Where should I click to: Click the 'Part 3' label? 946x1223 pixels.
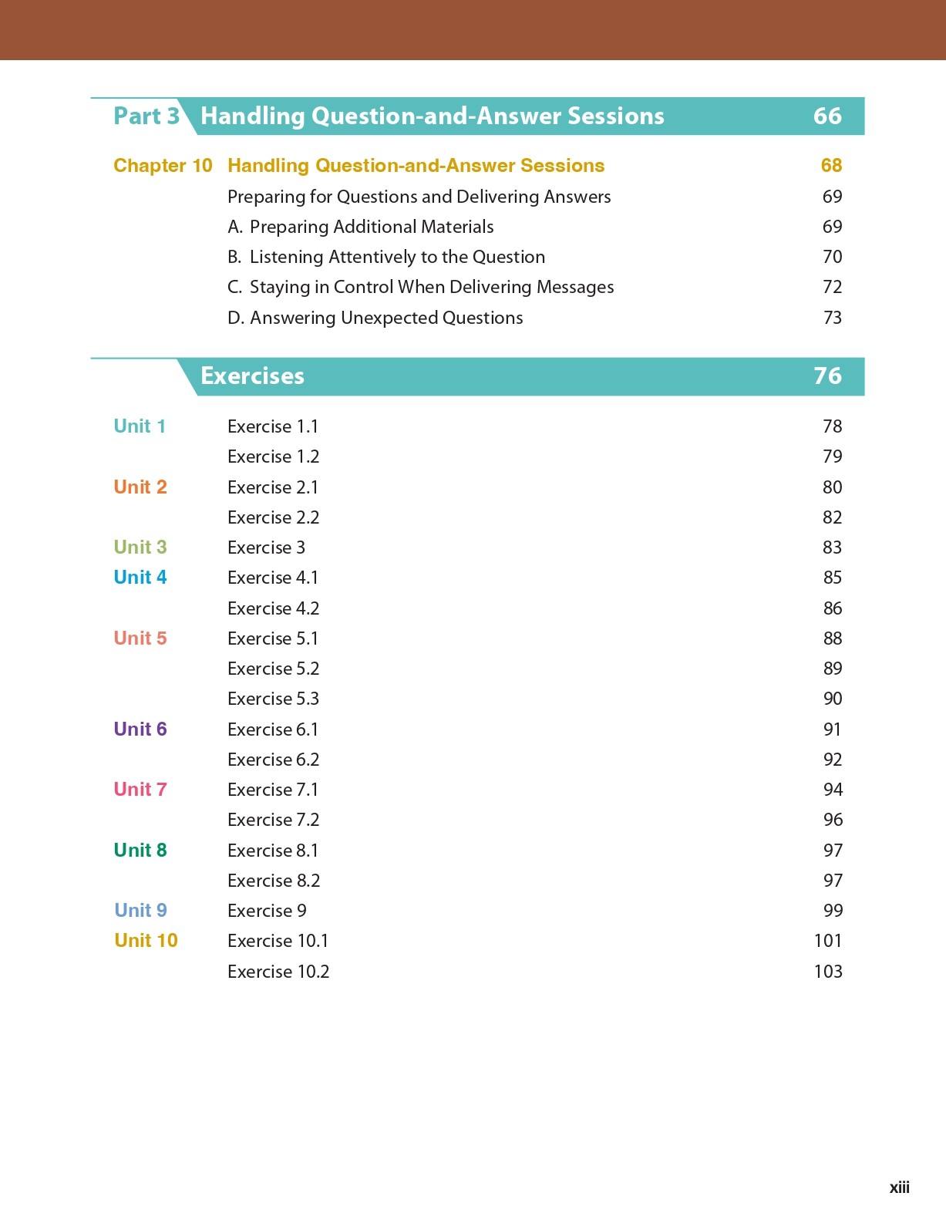point(146,116)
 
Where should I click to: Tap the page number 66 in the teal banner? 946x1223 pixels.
point(827,116)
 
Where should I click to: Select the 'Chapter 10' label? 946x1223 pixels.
point(163,166)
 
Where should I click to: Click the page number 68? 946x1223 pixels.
point(831,166)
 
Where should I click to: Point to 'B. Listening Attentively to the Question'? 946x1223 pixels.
point(386,257)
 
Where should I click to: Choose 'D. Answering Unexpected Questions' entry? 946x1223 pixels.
point(375,318)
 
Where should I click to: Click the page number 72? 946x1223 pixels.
point(832,287)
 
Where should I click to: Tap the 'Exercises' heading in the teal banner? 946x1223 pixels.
point(252,376)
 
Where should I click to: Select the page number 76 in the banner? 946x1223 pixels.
point(827,376)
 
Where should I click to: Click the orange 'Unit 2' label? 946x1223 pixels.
point(140,487)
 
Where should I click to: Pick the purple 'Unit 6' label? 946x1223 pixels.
point(140,729)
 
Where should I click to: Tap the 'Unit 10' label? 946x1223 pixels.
point(146,941)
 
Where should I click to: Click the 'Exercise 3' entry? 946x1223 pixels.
point(266,547)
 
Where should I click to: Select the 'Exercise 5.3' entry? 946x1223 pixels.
point(273,699)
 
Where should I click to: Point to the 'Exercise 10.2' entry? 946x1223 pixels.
point(278,972)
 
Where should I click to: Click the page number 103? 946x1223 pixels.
point(827,972)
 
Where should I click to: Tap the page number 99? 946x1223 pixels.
point(833,911)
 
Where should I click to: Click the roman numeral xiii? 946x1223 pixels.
point(899,1188)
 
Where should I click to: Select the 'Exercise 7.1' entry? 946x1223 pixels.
point(273,790)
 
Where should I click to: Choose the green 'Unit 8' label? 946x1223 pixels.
point(140,851)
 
